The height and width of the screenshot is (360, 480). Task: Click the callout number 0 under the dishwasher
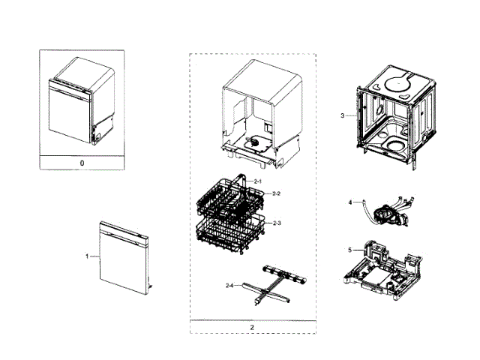82,162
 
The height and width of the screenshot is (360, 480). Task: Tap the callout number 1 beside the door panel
87,256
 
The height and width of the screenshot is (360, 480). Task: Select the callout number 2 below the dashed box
252,327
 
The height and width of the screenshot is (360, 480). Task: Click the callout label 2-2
277,194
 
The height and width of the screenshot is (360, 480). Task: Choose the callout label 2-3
277,223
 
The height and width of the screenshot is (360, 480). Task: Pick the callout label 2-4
230,285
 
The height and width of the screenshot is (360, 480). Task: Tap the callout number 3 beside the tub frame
342,116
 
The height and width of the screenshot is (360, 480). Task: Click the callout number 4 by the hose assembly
349,202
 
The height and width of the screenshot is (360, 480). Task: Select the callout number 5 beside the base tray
349,250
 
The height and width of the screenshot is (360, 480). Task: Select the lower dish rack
232,232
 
